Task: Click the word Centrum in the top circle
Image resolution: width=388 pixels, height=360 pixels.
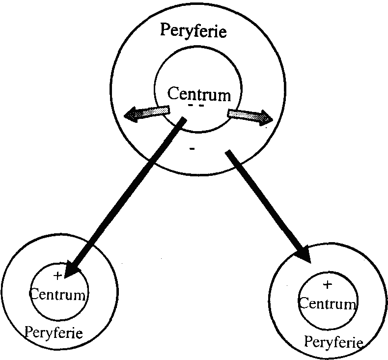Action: [198, 93]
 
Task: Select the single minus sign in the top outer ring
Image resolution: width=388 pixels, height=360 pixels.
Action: [192, 149]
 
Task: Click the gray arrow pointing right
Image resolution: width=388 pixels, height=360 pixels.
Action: [250, 116]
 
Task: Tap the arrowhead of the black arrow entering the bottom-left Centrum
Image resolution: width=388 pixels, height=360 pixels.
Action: [72, 269]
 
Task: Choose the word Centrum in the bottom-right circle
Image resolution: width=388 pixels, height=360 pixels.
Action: [327, 303]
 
